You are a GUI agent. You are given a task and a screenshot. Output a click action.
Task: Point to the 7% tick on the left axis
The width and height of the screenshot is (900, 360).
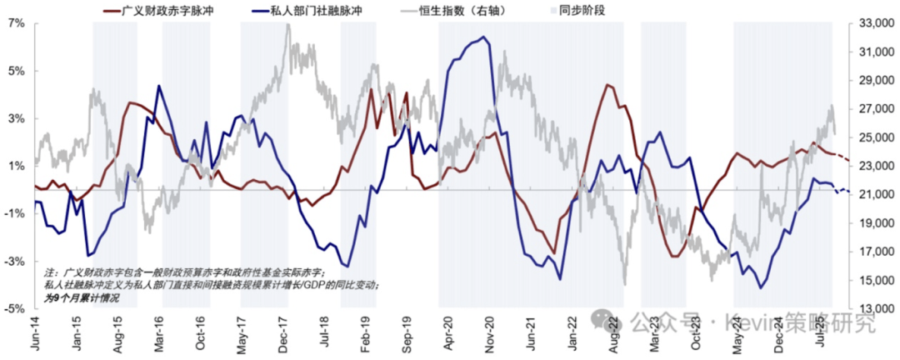tap(16, 23)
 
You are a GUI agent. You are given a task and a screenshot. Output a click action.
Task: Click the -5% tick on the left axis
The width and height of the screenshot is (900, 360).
tap(14, 308)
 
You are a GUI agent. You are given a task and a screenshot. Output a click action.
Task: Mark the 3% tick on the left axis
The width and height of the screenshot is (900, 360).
tap(16, 118)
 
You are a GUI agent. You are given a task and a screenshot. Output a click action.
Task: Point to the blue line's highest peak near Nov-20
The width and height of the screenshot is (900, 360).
tap(484, 37)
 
